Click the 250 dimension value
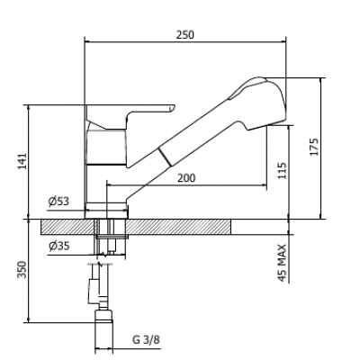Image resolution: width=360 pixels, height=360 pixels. (185, 35)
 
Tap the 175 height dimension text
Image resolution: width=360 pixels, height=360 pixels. (314, 147)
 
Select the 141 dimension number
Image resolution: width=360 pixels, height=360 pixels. (22, 161)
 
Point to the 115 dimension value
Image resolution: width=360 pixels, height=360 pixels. (282, 171)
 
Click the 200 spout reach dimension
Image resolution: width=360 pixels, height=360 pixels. (186, 178)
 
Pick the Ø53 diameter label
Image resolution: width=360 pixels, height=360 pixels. (58, 202)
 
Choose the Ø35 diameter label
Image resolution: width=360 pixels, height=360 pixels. (58, 247)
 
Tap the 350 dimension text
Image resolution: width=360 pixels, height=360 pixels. (22, 270)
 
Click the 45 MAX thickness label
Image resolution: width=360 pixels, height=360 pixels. (282, 263)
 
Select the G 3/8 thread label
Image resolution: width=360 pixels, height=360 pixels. (146, 340)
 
